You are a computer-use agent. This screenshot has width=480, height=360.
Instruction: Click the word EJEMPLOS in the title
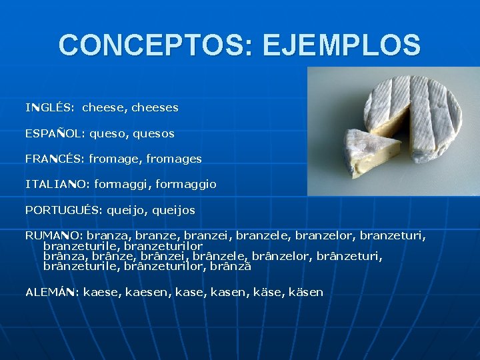[x=342, y=45]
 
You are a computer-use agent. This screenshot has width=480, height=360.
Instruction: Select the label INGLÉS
[x=49, y=107]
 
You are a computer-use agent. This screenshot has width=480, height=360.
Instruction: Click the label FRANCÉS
[x=55, y=159]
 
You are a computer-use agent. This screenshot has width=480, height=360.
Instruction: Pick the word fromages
[x=174, y=159]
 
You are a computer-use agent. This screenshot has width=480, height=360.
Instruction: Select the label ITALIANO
[x=57, y=184]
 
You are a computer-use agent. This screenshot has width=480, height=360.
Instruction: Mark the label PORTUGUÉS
[x=63, y=210]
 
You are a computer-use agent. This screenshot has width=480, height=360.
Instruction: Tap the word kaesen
[x=145, y=292]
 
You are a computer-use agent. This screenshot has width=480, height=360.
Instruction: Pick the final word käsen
[x=307, y=292]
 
